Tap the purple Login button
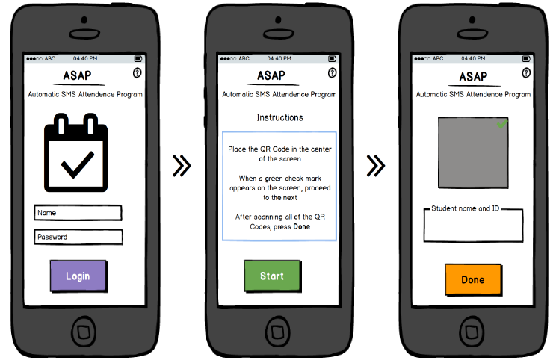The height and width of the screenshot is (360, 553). coord(78,276)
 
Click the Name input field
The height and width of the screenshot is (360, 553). coord(78,213)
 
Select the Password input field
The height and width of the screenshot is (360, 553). coord(78,237)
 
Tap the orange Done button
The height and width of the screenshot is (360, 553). coord(473,279)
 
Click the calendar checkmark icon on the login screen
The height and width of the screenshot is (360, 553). coord(75,152)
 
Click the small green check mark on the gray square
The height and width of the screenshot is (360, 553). coord(502,124)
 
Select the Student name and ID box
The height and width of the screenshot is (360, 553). coord(473,226)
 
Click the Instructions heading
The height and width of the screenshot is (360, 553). coord(279,117)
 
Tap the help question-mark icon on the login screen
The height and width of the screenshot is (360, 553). coord(138,73)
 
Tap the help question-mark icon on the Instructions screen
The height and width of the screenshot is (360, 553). coord(332,73)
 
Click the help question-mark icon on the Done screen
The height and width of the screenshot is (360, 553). coord(526,73)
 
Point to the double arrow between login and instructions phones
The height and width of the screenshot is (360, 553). coord(182,165)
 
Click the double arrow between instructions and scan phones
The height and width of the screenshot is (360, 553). coord(376,165)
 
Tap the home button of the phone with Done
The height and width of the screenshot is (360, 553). coord(472,332)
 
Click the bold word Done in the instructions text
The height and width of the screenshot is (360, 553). coord(302,227)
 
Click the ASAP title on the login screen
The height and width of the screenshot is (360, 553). coord(77,75)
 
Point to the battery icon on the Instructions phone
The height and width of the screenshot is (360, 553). coord(333,58)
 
